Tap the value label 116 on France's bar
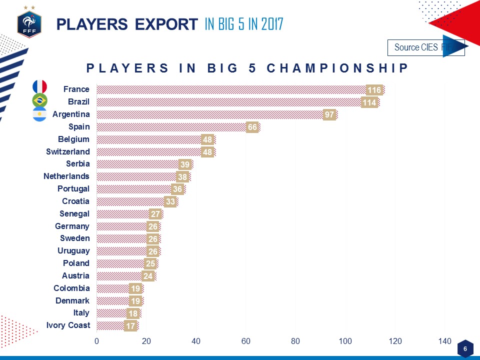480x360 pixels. point(374,90)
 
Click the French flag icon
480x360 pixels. point(39,87)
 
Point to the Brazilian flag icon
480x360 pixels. point(39,100)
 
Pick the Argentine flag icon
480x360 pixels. point(39,114)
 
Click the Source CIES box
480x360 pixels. point(425,47)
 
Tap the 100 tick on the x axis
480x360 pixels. point(345,341)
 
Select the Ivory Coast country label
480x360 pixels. point(68,325)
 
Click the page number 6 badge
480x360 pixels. point(465,348)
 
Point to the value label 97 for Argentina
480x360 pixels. point(329,114)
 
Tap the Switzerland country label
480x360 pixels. point(68,151)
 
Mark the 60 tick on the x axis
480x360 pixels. point(245,341)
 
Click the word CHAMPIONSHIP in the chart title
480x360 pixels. point(337,68)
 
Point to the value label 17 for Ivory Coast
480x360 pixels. point(130,325)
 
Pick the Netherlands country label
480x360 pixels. point(66,176)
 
